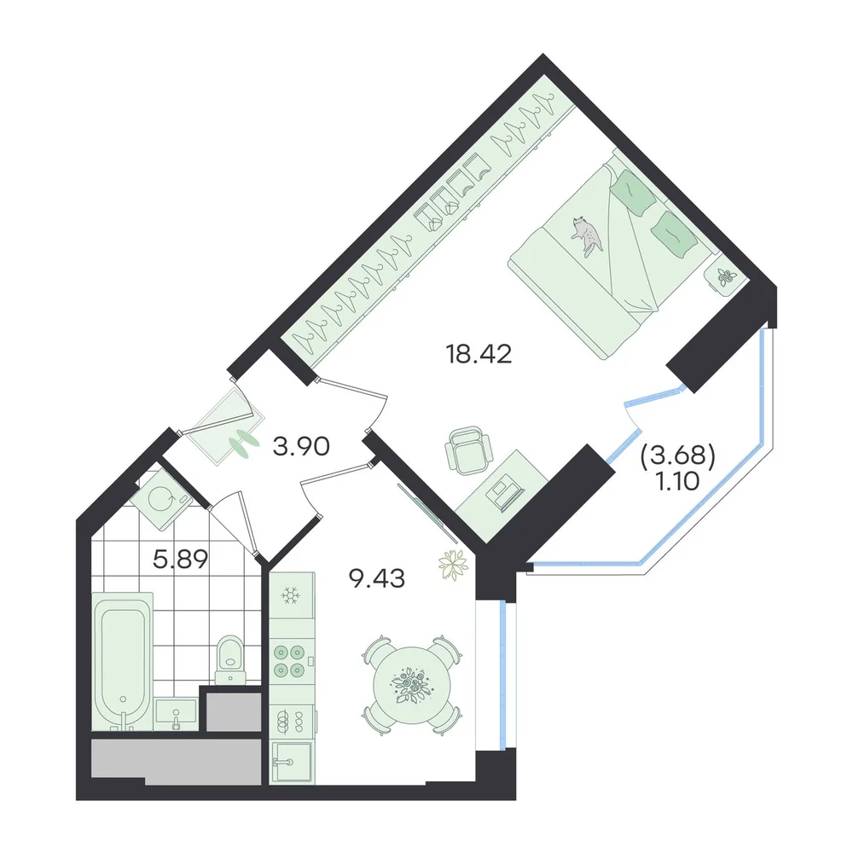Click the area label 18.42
pyautogui.click(x=479, y=355)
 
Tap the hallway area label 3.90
pyautogui.click(x=301, y=447)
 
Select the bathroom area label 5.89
pyautogui.click(x=181, y=559)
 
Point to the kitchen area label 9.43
pyautogui.click(x=377, y=579)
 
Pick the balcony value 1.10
pyautogui.click(x=678, y=481)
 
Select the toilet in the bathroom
pyautogui.click(x=230, y=660)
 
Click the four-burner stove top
pyautogui.click(x=289, y=660)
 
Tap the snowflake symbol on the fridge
pyautogui.click(x=291, y=595)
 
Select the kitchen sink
pyautogui.click(x=292, y=762)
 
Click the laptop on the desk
pyautogui.click(x=505, y=493)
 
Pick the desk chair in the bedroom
pyautogui.click(x=467, y=450)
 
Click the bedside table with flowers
pyautogui.click(x=725, y=277)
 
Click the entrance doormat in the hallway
pyautogui.click(x=229, y=426)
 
